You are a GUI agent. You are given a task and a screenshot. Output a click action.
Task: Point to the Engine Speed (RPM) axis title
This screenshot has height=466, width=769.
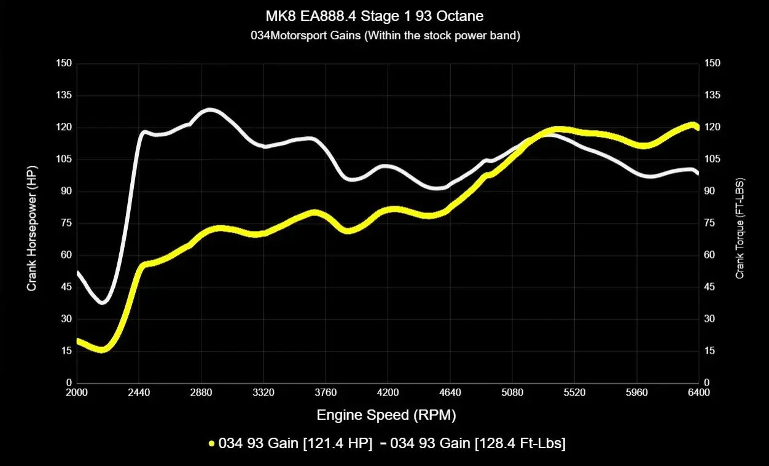click(386, 415)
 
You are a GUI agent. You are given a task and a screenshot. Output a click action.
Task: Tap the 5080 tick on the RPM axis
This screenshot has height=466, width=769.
click(512, 393)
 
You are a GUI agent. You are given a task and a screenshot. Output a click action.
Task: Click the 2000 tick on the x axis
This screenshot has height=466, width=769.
click(77, 393)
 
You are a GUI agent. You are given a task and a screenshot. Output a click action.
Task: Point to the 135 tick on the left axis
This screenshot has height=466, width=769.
click(64, 95)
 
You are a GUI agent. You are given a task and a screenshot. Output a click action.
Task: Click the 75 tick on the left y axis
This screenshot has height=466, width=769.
click(66, 223)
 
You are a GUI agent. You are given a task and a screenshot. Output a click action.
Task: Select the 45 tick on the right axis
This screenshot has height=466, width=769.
click(710, 287)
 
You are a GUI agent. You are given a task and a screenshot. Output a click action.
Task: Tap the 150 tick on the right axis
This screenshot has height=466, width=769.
click(712, 63)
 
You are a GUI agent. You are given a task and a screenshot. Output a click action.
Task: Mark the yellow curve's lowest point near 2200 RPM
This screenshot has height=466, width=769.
click(102, 349)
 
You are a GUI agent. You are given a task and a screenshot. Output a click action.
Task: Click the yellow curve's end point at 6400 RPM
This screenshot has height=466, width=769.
click(697, 127)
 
